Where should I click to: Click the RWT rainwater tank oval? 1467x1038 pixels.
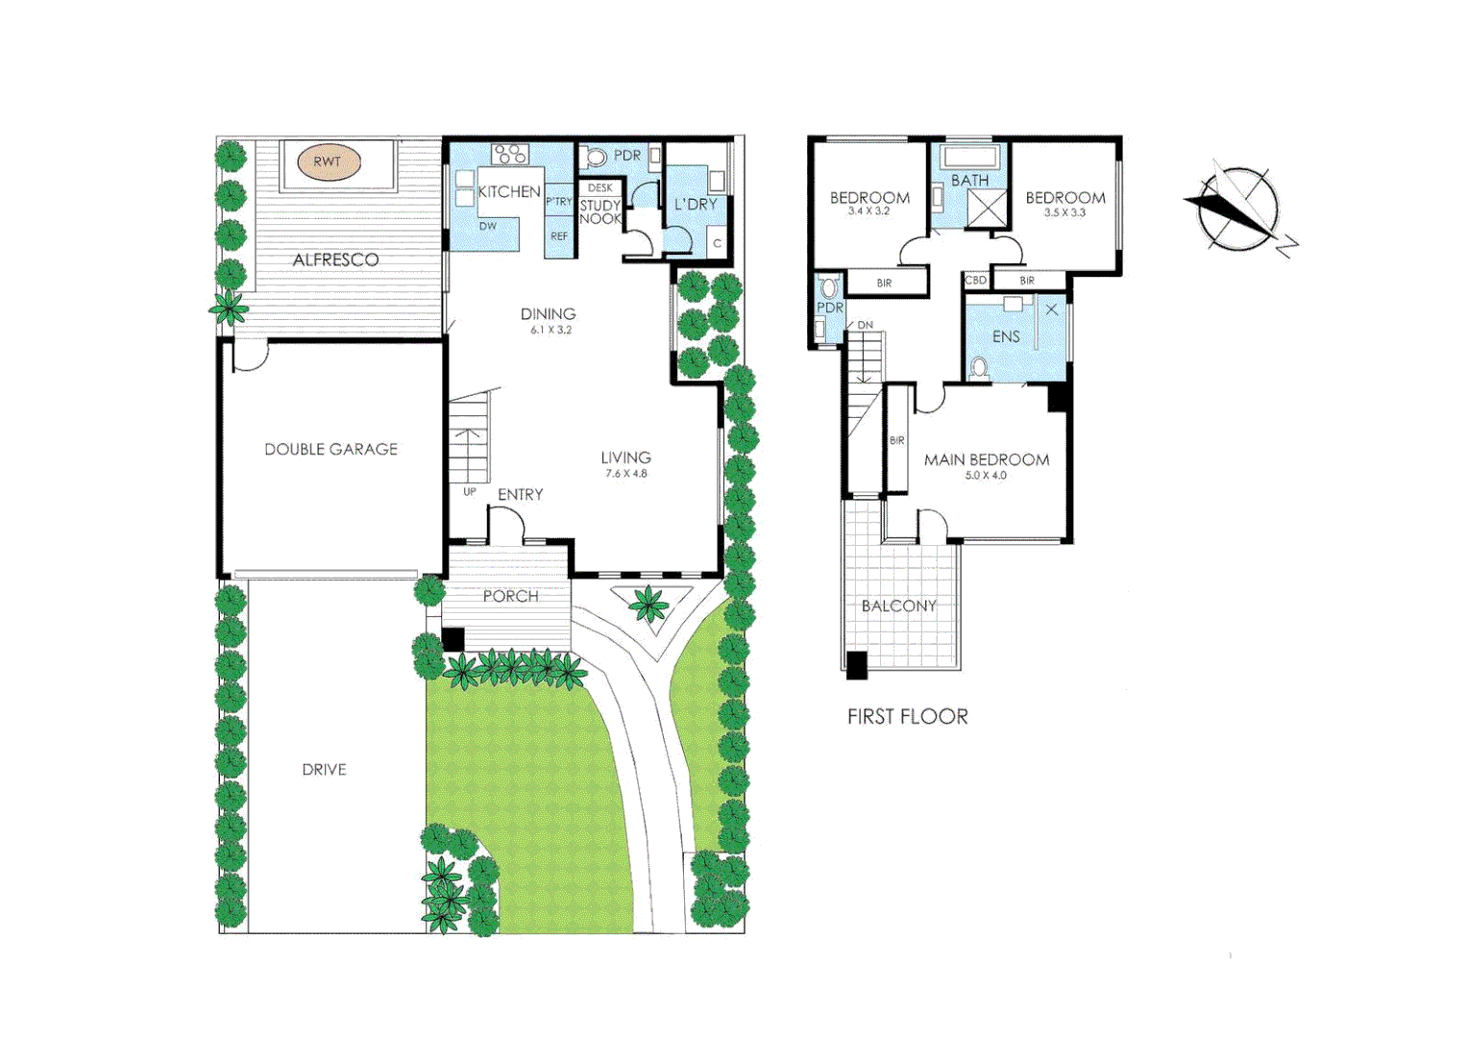pyautogui.click(x=328, y=162)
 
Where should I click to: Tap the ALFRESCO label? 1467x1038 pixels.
pyautogui.click(x=335, y=259)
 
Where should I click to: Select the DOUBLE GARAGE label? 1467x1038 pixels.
pyautogui.click(x=330, y=449)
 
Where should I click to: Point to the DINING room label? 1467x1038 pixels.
pyautogui.click(x=548, y=313)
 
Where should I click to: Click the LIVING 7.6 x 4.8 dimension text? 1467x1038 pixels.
pyautogui.click(x=625, y=474)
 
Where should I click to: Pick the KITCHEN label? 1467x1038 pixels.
pyautogui.click(x=509, y=191)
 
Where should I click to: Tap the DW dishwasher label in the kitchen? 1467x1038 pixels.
pyautogui.click(x=488, y=226)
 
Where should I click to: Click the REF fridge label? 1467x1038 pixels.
pyautogui.click(x=559, y=236)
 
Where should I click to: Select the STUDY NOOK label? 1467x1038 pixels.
pyautogui.click(x=600, y=212)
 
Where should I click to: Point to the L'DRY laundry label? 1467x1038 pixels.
pyautogui.click(x=696, y=204)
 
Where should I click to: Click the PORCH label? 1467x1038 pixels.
pyautogui.click(x=510, y=596)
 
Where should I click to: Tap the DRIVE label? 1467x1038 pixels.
pyautogui.click(x=324, y=769)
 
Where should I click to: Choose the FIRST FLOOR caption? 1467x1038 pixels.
pyautogui.click(x=907, y=716)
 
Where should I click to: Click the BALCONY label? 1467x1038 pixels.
pyautogui.click(x=898, y=605)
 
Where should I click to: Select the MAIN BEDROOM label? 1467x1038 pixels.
pyautogui.click(x=987, y=459)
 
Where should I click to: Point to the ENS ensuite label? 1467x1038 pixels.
pyautogui.click(x=1006, y=336)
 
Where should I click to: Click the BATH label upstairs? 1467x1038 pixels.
pyautogui.click(x=969, y=180)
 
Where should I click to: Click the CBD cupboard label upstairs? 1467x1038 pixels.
pyautogui.click(x=975, y=281)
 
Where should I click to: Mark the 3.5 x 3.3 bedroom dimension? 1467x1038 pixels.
pyautogui.click(x=1064, y=212)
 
